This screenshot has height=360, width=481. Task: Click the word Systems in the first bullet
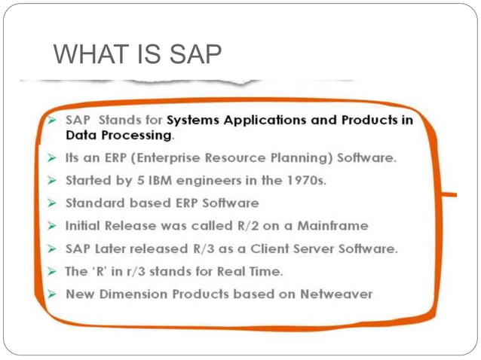192,120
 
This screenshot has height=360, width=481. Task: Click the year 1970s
304,182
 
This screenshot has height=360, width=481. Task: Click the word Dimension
136,294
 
